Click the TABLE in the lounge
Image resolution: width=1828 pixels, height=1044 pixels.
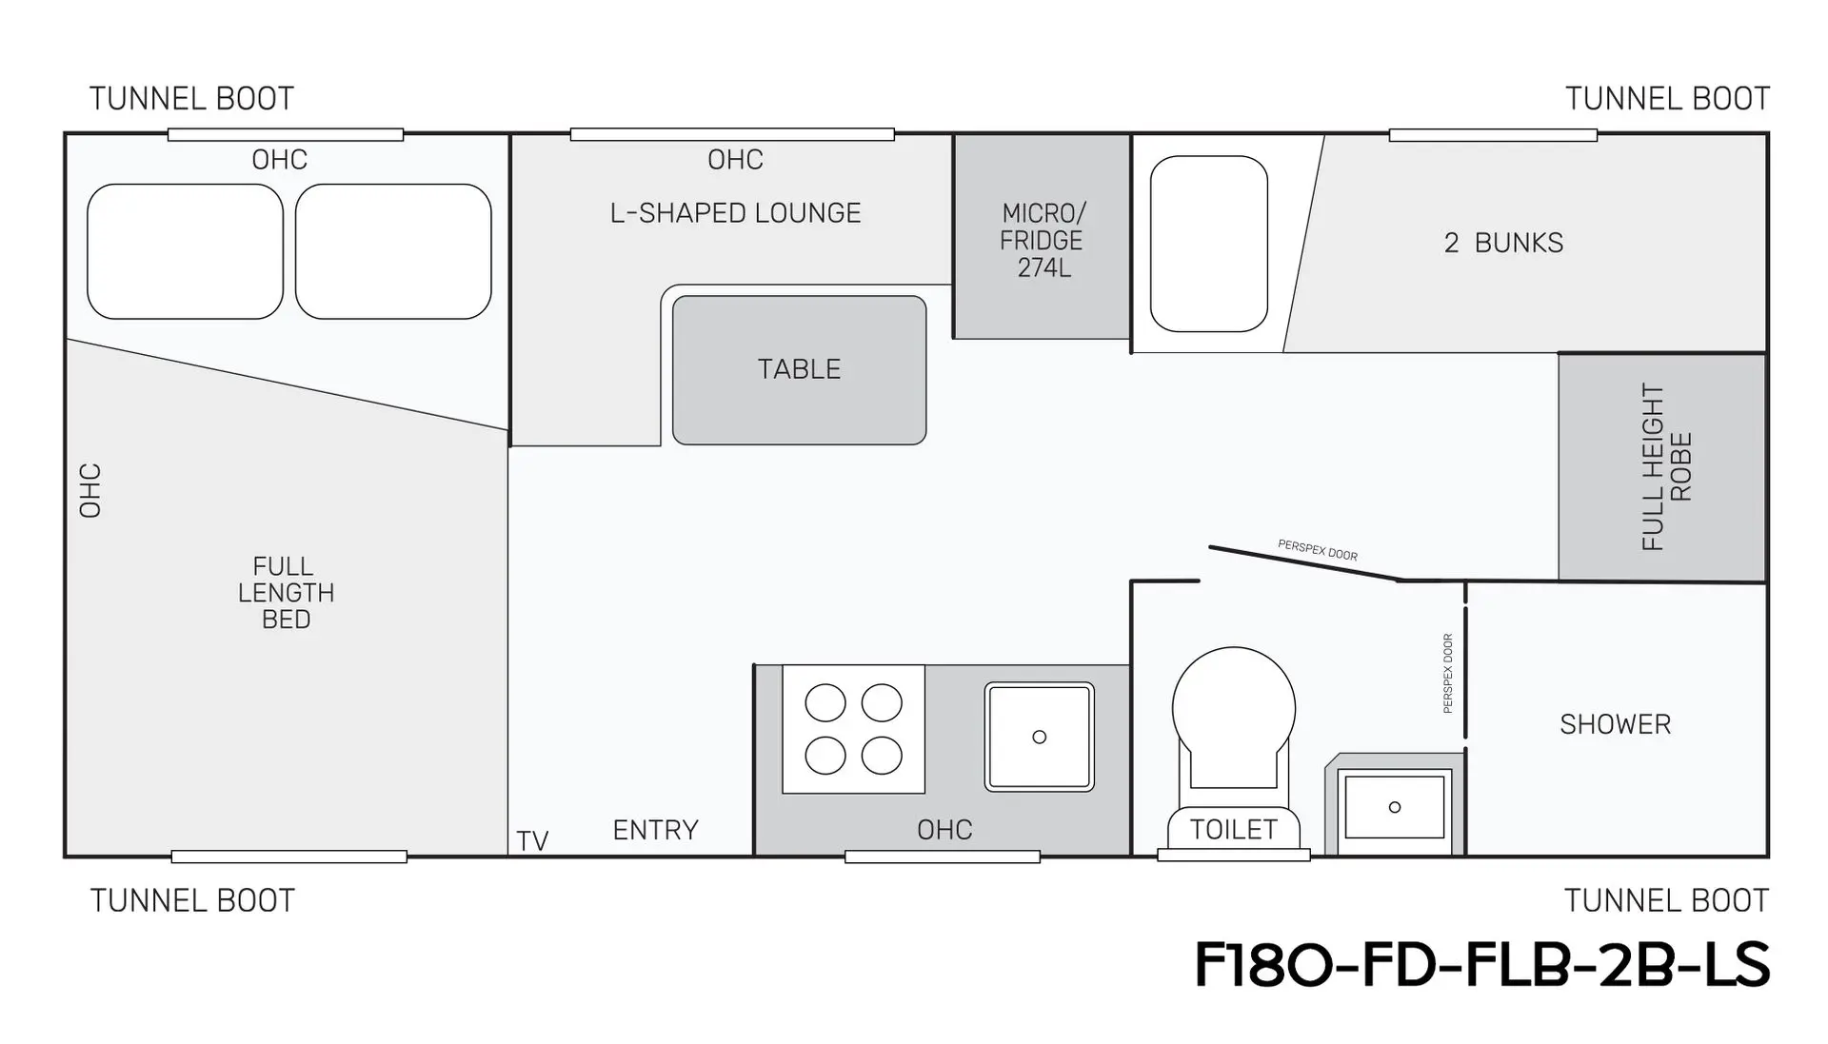799,370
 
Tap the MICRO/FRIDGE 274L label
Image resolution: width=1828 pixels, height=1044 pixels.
1043,241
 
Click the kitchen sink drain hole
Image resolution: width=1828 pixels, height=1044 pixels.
1040,737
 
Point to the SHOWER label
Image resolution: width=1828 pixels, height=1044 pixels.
1615,724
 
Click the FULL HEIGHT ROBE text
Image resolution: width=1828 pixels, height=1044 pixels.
1666,467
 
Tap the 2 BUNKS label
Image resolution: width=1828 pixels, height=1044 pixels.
1503,243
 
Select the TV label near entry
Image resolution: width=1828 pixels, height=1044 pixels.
532,841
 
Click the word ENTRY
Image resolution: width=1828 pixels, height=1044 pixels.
655,830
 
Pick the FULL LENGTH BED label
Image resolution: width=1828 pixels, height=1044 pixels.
286,593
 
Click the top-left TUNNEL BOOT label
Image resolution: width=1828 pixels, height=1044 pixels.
191,99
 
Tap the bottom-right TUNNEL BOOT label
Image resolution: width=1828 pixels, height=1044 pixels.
1666,900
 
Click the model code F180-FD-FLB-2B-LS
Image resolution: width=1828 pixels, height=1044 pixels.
1481,965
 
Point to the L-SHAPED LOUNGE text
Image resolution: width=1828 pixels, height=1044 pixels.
735,213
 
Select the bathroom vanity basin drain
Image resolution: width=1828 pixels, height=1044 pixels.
1395,807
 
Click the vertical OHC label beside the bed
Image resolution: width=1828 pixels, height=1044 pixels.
90,491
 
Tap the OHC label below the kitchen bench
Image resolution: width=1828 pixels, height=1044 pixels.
944,830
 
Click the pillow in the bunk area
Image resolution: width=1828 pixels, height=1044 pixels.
1208,244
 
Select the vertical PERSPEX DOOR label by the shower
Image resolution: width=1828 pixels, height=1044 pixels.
1448,674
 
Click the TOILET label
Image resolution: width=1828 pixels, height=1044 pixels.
1234,830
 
